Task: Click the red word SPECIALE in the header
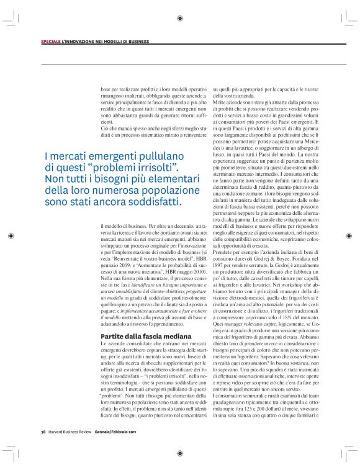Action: [x=51, y=42]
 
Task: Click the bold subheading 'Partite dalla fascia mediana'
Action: [x=133, y=335]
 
